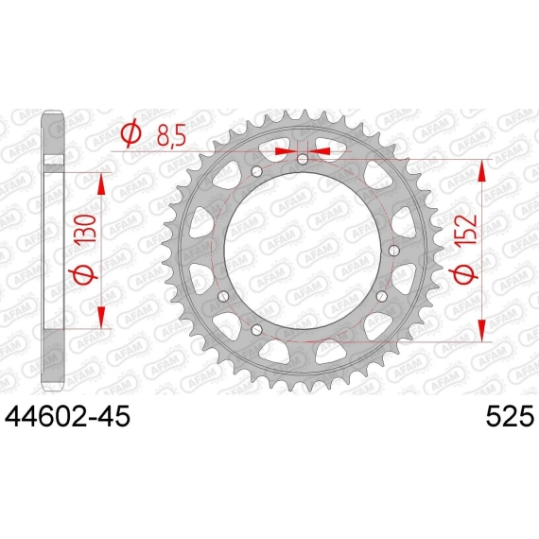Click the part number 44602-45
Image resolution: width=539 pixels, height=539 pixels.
[67, 417]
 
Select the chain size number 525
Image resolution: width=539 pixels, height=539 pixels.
[510, 417]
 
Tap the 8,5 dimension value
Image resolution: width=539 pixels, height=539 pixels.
[171, 135]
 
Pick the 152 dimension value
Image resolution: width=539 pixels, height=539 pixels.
[465, 230]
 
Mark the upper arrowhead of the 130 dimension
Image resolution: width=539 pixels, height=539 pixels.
[101, 184]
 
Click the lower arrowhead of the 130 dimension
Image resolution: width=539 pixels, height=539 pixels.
[101, 317]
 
